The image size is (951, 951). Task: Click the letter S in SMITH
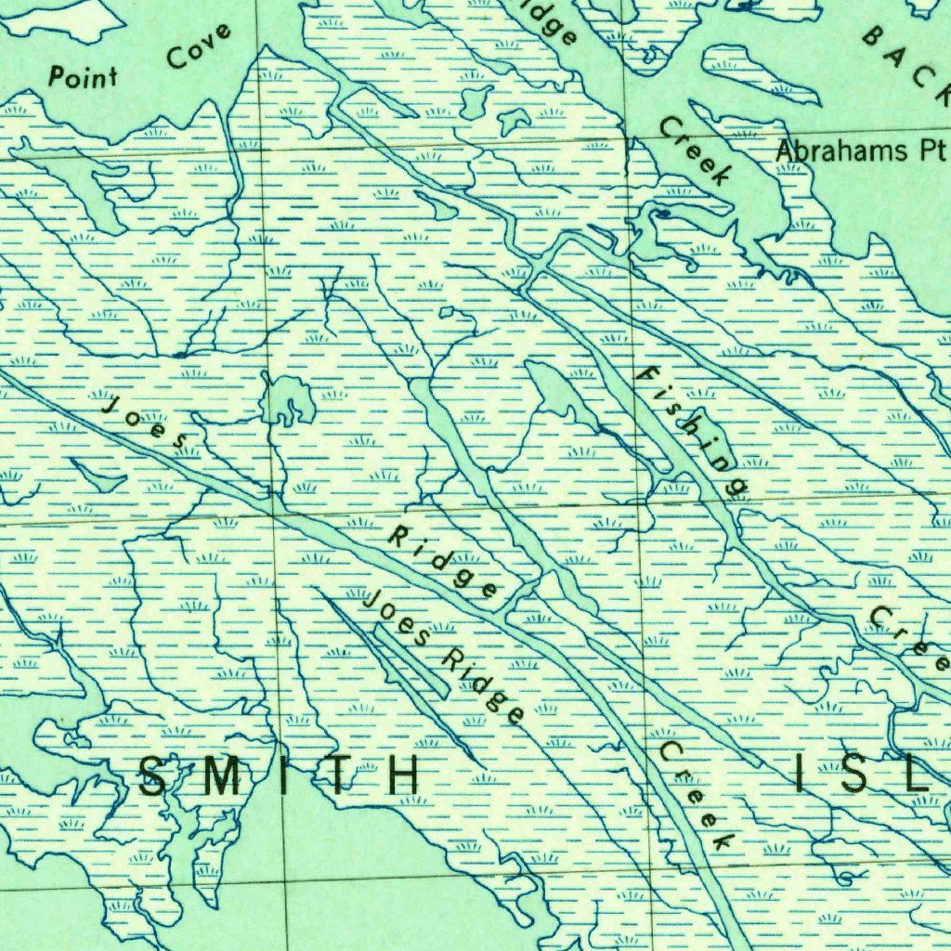[x=155, y=775]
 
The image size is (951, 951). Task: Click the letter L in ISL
[x=918, y=775]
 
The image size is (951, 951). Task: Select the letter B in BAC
[x=875, y=36]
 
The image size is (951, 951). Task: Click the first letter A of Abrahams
[x=785, y=150]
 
